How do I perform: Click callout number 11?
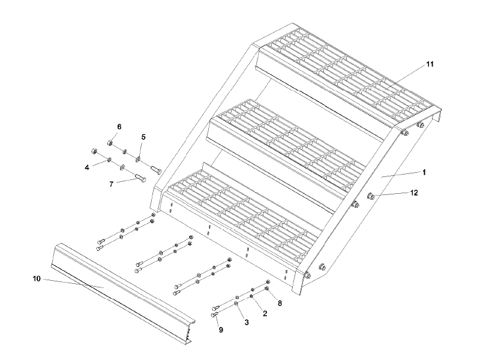point(430,64)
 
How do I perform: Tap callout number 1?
point(424,172)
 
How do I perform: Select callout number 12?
point(414,193)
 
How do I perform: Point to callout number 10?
point(37,279)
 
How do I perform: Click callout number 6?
point(119,127)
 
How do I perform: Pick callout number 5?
point(143,137)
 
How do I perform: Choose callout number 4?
point(87,167)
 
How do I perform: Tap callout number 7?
point(111,184)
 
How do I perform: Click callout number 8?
point(280,303)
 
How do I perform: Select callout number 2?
point(265,313)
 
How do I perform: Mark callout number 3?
point(247,322)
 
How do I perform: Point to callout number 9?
point(221,329)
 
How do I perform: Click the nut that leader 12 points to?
point(370,196)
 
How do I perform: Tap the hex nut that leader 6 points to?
point(110,142)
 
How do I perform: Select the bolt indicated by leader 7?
point(140,177)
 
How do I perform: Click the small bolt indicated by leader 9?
point(215,314)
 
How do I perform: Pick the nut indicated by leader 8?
point(267,288)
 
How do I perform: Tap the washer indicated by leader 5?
point(138,159)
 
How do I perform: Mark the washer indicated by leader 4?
point(109,159)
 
